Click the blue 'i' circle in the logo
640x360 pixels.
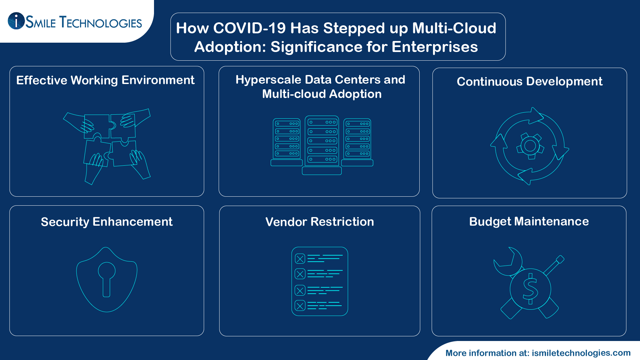point(16,21)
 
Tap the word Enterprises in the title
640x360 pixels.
point(435,47)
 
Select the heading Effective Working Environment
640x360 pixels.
point(105,80)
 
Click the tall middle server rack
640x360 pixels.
point(322,142)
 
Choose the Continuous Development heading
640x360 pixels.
point(529,82)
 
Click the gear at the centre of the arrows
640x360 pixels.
point(530,146)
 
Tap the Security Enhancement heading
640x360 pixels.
point(107,222)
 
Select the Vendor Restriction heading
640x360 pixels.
point(319,222)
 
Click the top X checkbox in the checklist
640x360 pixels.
point(300,259)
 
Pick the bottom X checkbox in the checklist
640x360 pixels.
point(300,306)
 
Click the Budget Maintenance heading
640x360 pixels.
point(529,222)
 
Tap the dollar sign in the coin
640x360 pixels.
point(530,289)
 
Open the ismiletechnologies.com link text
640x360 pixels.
point(581,353)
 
